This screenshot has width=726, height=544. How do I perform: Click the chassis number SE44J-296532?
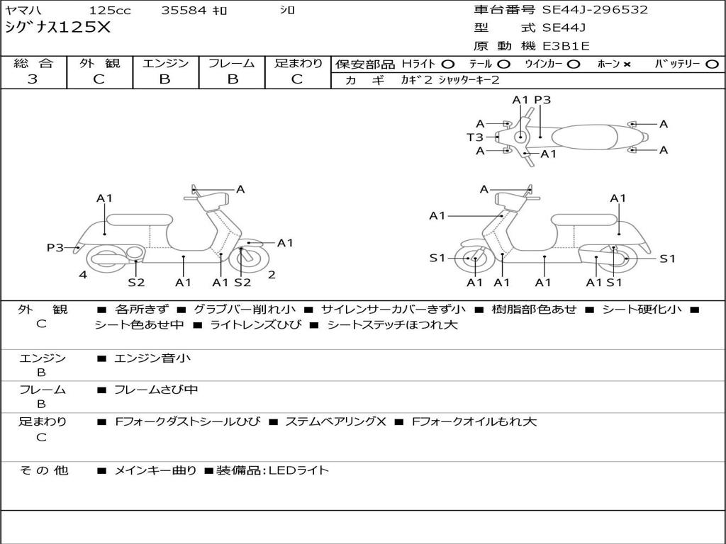595,10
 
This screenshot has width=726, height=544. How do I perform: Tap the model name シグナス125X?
57,28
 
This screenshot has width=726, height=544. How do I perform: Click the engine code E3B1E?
567,47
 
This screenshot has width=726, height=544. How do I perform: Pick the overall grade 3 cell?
33,79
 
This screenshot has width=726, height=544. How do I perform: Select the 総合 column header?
33,64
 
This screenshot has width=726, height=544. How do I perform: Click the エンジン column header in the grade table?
165,64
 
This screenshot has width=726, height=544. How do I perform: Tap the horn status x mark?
627,64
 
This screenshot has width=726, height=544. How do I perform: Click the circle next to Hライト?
448,64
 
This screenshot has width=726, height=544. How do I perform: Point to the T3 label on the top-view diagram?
474,137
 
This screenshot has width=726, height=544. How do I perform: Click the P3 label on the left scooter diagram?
55,247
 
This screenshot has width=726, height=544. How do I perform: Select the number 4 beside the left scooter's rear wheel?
83,275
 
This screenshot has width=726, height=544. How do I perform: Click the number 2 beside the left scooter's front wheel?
272,275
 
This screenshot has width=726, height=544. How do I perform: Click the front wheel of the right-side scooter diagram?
474,259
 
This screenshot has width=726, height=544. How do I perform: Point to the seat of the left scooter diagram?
140,219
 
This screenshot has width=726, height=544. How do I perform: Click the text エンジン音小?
152,358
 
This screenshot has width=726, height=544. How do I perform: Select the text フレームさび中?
156,390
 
